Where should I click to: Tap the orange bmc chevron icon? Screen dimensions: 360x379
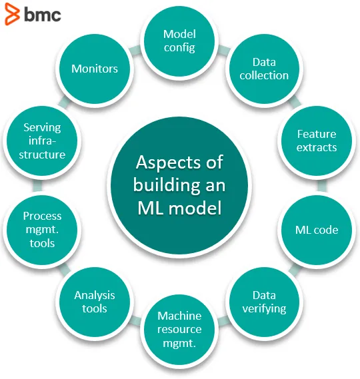12,14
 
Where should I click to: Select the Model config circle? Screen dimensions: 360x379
179,41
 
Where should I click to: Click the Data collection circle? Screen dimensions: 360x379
264,69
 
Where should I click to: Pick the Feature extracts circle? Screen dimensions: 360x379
317,141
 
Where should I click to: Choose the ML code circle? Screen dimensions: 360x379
317,230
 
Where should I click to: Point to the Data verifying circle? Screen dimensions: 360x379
264,302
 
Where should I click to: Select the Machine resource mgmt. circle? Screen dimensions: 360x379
179,330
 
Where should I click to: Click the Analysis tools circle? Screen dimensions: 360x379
95,302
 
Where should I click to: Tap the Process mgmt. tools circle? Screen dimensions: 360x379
42,230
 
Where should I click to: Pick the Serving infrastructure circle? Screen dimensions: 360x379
42,141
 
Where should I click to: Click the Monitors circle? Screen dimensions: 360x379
95,69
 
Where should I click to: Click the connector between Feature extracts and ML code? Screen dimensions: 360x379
322,186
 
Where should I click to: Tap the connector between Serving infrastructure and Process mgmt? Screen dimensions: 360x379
37,186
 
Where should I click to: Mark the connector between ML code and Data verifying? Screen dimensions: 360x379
295,270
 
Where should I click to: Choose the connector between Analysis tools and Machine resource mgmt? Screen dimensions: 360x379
135,320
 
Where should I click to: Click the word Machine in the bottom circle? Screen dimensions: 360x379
179,316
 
